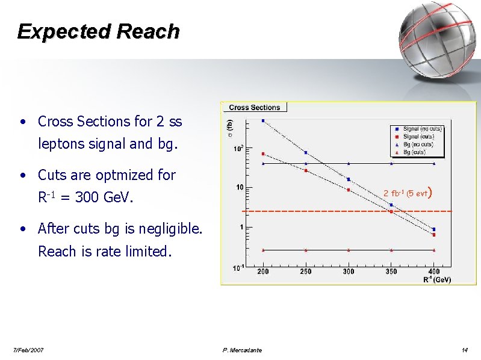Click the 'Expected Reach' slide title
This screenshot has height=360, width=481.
[98, 31]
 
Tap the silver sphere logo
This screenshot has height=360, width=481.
[437, 37]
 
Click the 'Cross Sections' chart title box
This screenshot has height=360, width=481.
[255, 108]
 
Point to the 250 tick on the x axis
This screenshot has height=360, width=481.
[306, 272]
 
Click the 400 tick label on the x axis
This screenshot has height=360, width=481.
[433, 272]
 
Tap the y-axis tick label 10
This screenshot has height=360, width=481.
[239, 188]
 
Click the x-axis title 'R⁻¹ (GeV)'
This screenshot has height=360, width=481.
[437, 279]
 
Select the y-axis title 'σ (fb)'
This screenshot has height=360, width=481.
[229, 128]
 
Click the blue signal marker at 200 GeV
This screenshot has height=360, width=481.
[263, 120]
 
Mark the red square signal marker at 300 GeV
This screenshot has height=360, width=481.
[349, 190]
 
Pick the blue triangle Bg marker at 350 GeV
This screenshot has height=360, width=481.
[391, 163]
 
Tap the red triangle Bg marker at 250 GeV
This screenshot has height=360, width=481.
[306, 249]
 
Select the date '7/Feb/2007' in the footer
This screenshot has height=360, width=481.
[28, 350]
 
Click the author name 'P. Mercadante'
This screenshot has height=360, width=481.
[242, 350]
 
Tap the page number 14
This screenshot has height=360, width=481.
[465, 350]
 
